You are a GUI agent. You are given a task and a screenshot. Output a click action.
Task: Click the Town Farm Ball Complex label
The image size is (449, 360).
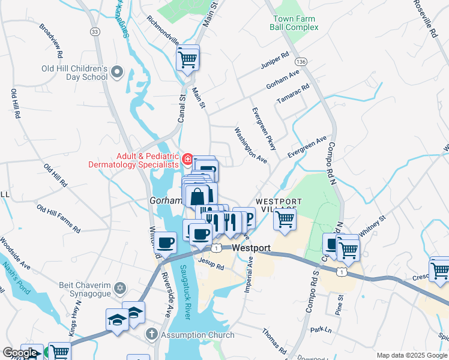click(294, 23)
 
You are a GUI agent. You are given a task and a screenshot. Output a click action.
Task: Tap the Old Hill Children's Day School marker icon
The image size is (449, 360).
click(117, 73)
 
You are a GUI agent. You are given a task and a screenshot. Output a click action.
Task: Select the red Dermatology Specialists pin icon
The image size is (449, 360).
click(188, 159)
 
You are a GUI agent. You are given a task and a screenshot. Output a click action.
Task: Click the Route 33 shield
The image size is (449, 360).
click(94, 31)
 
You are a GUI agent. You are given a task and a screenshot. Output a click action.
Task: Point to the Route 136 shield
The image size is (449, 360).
click(301, 62)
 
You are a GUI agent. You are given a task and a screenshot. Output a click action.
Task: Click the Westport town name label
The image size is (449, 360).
click(251, 248)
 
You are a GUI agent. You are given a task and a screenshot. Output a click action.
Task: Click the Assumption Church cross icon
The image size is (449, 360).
click(152, 334)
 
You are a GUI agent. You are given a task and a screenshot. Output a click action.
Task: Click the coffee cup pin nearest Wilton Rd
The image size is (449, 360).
click(165, 243)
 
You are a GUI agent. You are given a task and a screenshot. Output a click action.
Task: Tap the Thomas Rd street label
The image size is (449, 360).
click(274, 340)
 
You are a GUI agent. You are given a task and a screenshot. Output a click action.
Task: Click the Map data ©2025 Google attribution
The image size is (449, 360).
click(411, 355)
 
